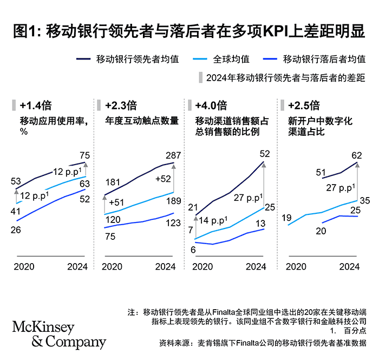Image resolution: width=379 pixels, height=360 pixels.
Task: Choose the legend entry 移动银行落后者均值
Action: pos(324,58)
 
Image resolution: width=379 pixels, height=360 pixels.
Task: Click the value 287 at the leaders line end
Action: pos(165,155)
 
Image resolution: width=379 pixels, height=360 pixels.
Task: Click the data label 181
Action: pos(112,182)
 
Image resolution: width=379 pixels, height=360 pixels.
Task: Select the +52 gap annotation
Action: pos(163,179)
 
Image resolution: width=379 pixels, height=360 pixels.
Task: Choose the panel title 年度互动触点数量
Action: pos(142,121)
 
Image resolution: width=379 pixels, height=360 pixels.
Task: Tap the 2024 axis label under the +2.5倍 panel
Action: pos(349,266)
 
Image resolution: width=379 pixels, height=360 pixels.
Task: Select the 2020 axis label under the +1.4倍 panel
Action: pos(24,266)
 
